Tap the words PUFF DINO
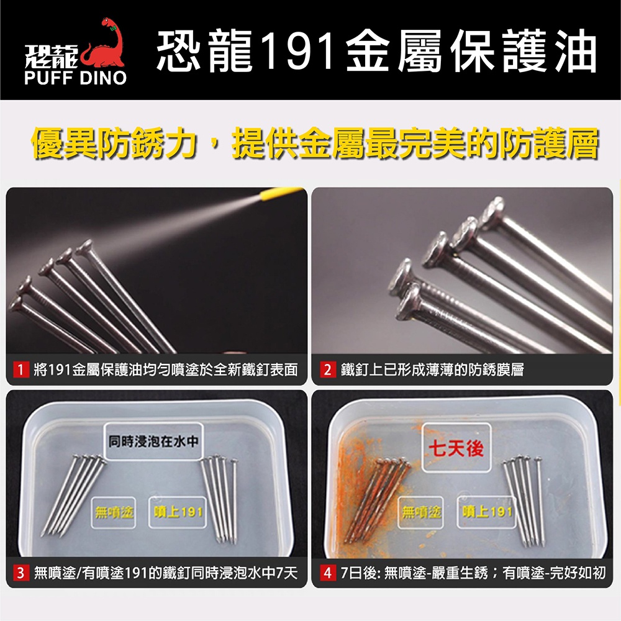[75, 78]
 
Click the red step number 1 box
[20, 369]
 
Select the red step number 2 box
[327, 369]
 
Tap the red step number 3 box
[20, 573]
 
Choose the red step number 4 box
[327, 573]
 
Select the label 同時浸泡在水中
[153, 441]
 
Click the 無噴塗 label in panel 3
[114, 512]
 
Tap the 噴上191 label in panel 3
[178, 512]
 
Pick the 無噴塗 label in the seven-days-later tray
[421, 512]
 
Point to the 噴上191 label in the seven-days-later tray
[487, 512]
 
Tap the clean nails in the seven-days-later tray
[524, 501]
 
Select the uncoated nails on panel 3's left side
[73, 495]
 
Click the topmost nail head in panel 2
[492, 209]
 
